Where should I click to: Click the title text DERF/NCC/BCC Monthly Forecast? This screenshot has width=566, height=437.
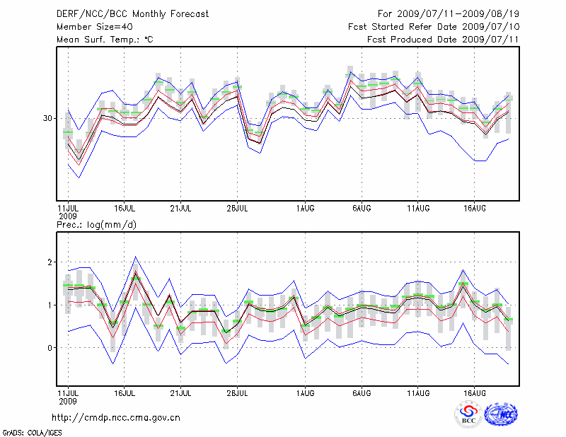pos(123,14)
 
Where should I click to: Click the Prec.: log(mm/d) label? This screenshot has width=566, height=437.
pos(96,225)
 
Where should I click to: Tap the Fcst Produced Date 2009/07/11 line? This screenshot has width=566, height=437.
pos(443,40)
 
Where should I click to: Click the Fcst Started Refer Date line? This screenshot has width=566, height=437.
pos(434,27)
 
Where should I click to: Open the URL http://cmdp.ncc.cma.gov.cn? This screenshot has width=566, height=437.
pos(117,417)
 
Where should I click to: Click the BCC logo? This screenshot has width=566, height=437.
pos(468,415)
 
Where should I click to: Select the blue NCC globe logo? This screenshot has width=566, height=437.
pos(500,415)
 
